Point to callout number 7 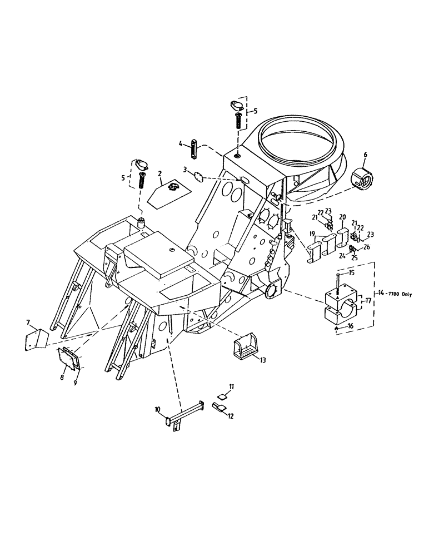click(28, 322)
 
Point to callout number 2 click(159, 174)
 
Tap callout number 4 click(181, 145)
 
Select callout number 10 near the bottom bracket click(158, 410)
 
